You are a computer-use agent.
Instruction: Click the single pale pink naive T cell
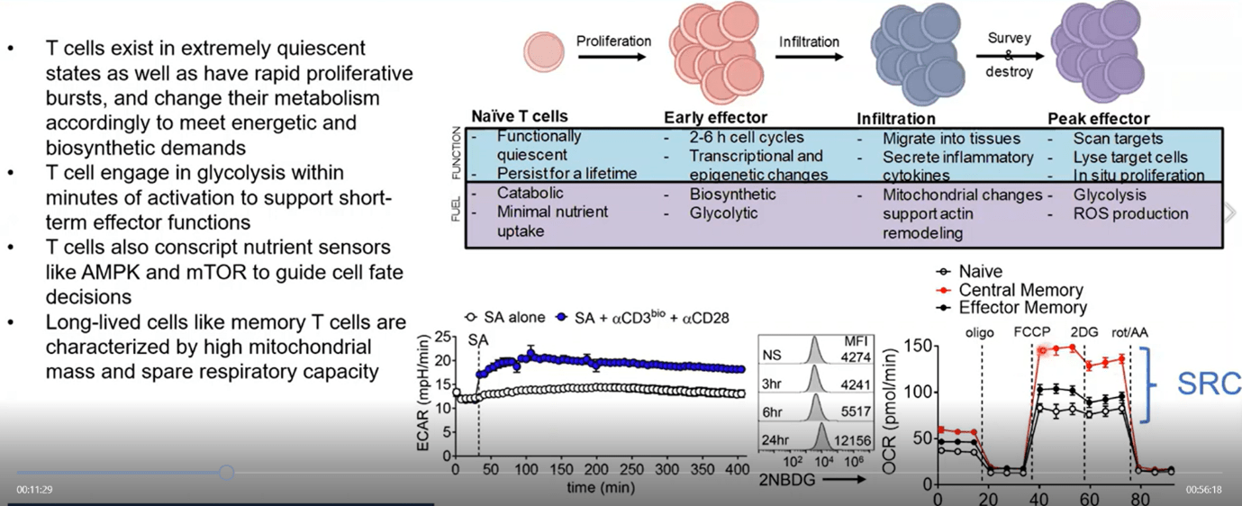(x=544, y=53)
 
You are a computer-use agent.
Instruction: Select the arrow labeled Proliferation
(x=612, y=57)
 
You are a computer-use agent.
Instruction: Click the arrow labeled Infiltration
(x=809, y=57)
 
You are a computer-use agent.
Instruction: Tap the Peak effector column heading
(x=1098, y=118)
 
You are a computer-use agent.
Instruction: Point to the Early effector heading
(x=715, y=118)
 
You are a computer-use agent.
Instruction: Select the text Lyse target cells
(x=1131, y=158)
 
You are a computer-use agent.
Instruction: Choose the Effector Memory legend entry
(x=1012, y=308)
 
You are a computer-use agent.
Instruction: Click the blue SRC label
(x=1209, y=384)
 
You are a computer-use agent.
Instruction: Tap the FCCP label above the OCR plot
(x=1031, y=332)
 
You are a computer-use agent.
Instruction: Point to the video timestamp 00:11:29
(x=34, y=489)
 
